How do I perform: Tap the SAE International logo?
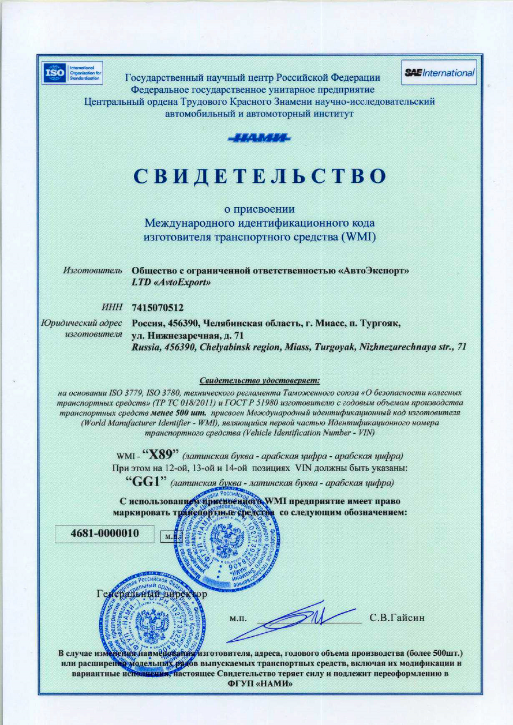pyautogui.click(x=440, y=73)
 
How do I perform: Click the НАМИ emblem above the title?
pyautogui.click(x=258, y=138)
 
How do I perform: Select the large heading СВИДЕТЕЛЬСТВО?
pyautogui.click(x=258, y=176)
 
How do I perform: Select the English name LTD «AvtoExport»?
pyautogui.click(x=171, y=283)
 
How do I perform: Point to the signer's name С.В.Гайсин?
pyautogui.click(x=397, y=618)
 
